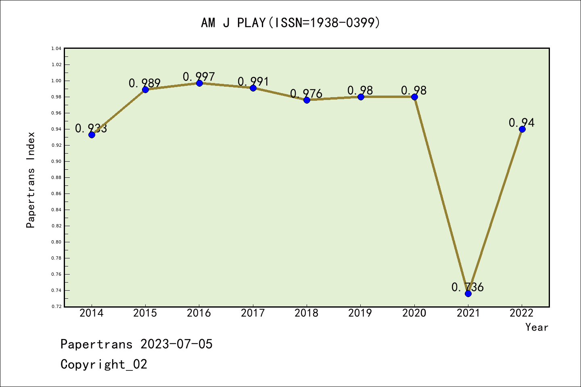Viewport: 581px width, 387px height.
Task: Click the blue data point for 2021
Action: [x=468, y=293]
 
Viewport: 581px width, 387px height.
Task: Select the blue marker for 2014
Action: [x=92, y=135]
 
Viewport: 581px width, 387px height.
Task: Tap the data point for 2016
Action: [x=199, y=83]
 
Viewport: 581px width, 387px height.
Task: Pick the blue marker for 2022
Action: [x=522, y=129]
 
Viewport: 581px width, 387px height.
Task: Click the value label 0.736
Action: [x=467, y=287]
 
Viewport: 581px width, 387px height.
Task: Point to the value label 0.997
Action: [x=199, y=76]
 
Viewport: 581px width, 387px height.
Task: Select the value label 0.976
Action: [x=306, y=94]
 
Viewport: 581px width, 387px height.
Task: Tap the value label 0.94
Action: [x=521, y=123]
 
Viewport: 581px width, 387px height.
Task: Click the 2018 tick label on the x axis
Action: [x=307, y=313]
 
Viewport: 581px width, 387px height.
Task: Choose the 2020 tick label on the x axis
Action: [x=414, y=313]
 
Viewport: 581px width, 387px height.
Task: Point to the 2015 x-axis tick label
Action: [x=145, y=313]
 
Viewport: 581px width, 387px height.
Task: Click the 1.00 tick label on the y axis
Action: [x=56, y=81]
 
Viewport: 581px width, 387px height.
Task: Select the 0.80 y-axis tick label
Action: [x=56, y=242]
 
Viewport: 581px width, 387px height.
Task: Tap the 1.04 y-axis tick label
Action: [x=56, y=48]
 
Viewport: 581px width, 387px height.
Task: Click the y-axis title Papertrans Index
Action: [x=31, y=180]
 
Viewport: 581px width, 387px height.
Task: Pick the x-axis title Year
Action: [x=537, y=327]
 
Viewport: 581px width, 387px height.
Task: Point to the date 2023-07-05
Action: [x=176, y=344]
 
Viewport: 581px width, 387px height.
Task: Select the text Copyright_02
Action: [x=104, y=364]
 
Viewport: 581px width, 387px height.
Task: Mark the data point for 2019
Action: [x=361, y=97]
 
